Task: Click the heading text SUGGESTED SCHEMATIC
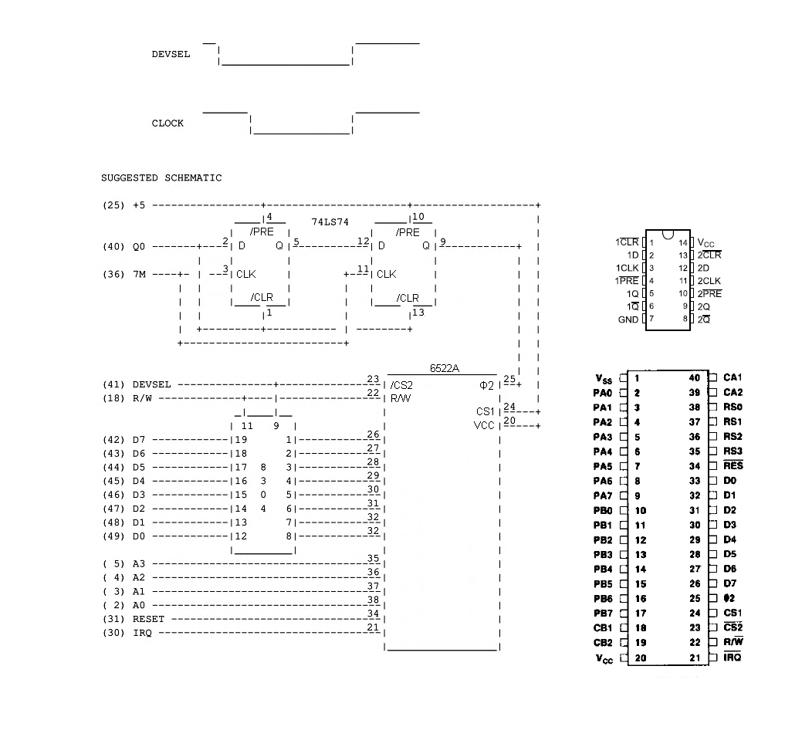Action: pyautogui.click(x=161, y=178)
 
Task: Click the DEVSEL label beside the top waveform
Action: pyautogui.click(x=171, y=55)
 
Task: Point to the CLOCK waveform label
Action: pyautogui.click(x=167, y=123)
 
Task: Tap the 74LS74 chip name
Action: pyautogui.click(x=330, y=221)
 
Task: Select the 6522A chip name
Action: pyautogui.click(x=445, y=369)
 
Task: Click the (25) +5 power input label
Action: pyautogui.click(x=123, y=205)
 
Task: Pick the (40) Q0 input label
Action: pyautogui.click(x=123, y=247)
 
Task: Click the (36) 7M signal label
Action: pyautogui.click(x=123, y=274)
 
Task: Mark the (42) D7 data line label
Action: pyautogui.click(x=123, y=440)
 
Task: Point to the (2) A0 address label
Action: pyautogui.click(x=123, y=605)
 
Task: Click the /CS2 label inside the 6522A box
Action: pyautogui.click(x=401, y=385)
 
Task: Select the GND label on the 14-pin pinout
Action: pyautogui.click(x=628, y=319)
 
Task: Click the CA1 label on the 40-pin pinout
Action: pyautogui.click(x=732, y=377)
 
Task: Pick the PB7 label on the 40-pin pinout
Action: pyautogui.click(x=603, y=614)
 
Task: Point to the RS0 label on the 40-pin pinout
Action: pyautogui.click(x=732, y=407)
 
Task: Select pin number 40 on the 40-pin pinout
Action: pyautogui.click(x=695, y=377)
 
